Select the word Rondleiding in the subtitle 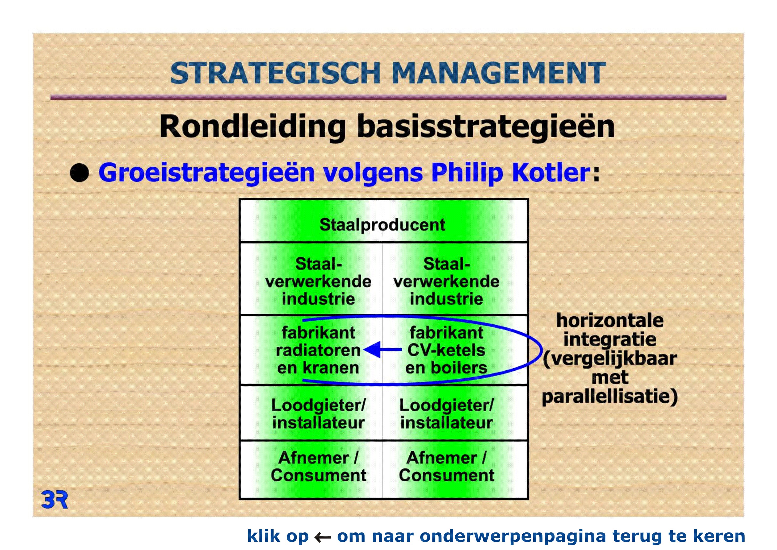(253, 126)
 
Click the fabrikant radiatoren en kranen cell (311, 350)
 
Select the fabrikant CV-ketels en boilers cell (455, 350)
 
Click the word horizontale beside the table (610, 320)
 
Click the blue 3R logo (54, 499)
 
